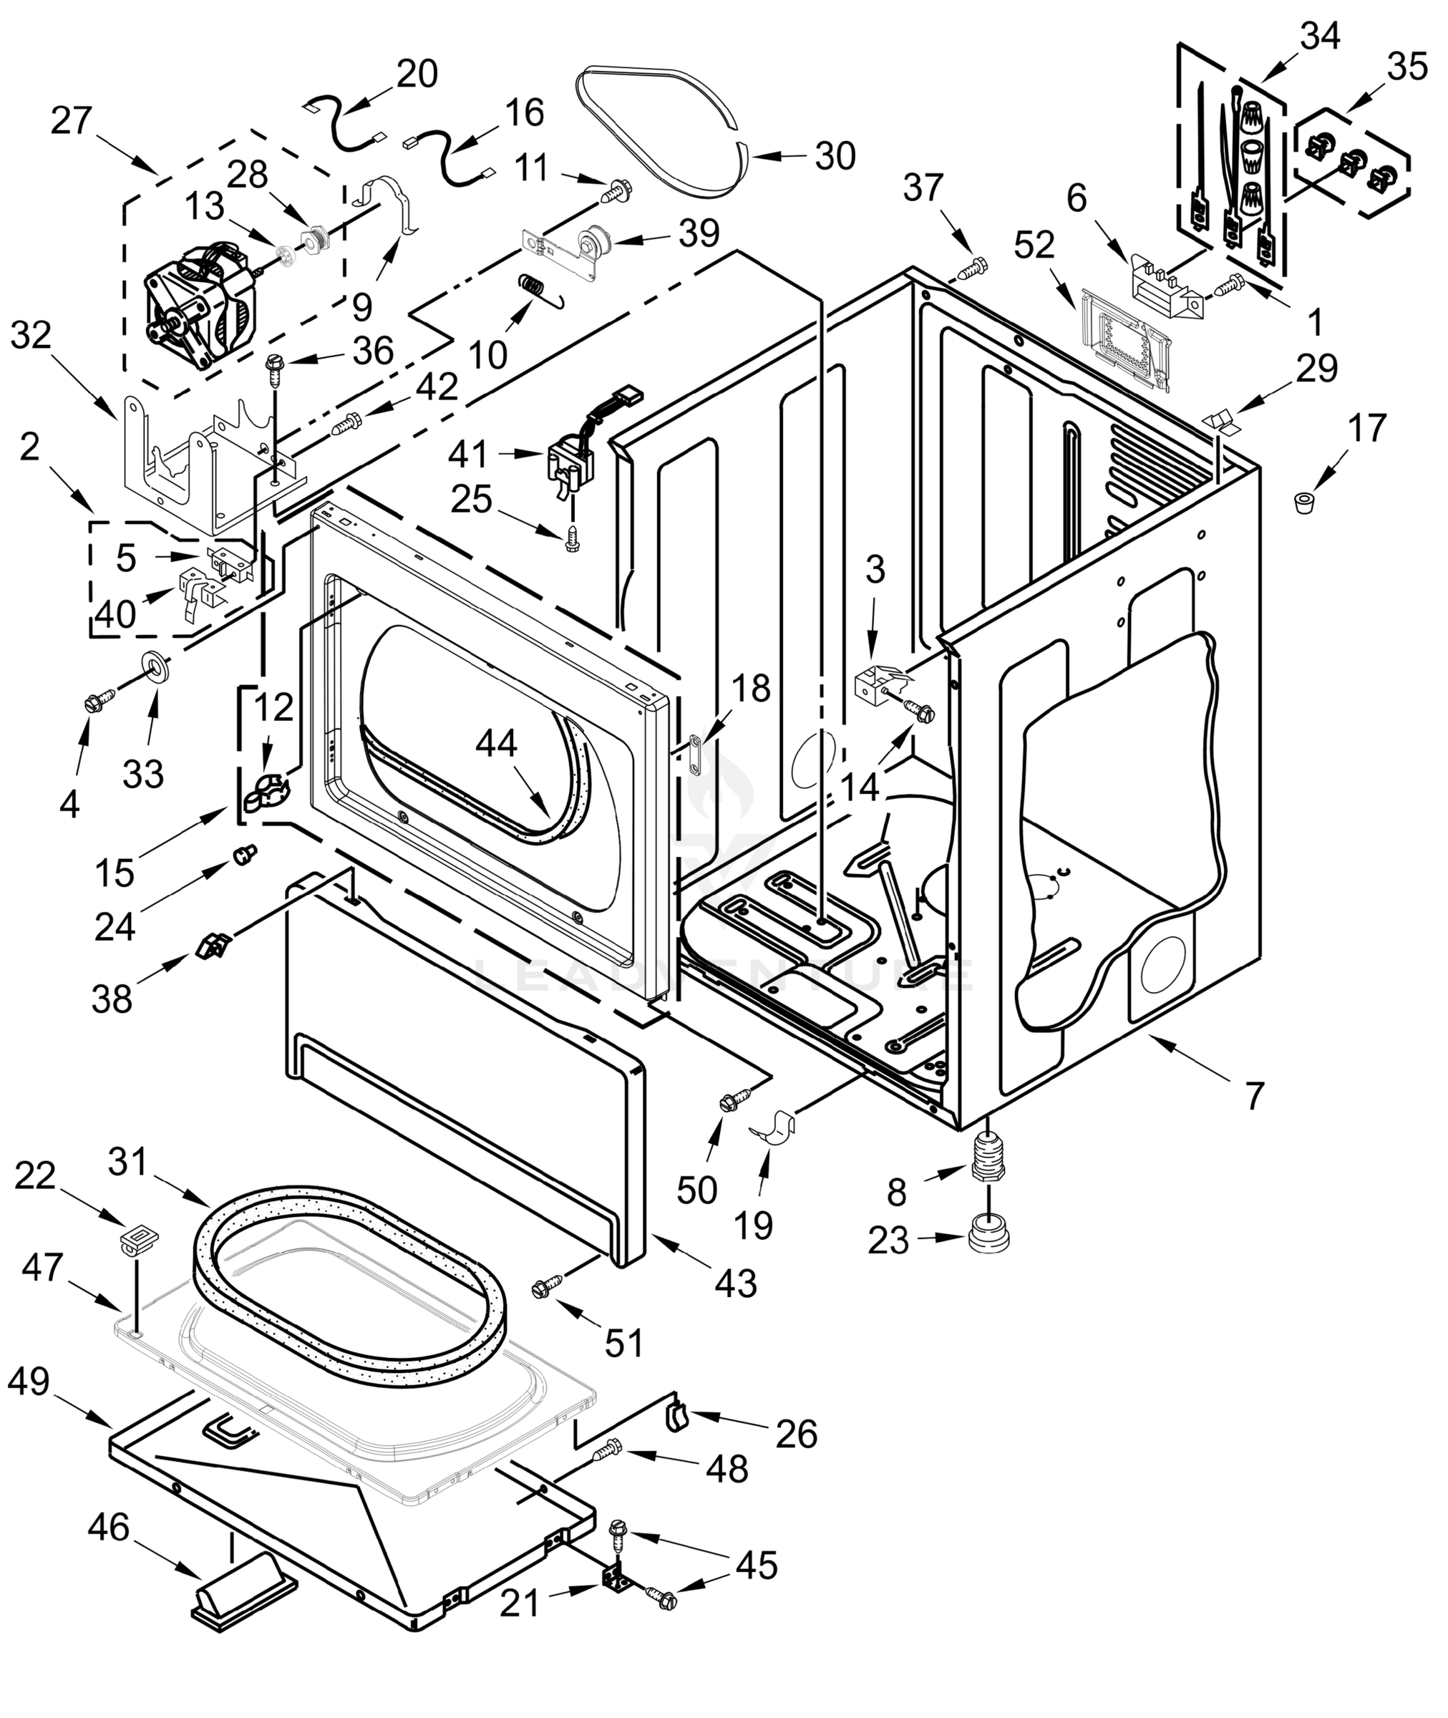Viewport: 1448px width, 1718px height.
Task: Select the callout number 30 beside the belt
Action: coord(835,157)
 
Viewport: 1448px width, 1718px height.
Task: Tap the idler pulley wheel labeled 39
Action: coord(593,244)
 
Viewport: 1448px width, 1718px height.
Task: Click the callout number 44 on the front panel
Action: coord(497,744)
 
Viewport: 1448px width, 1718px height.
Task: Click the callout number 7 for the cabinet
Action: coord(1254,1096)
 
